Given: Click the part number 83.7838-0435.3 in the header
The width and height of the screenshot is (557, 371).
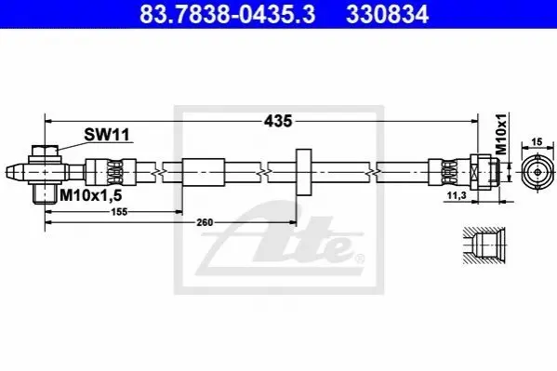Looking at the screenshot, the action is [227, 14].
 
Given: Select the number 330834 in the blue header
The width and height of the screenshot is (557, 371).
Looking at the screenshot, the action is [387, 14].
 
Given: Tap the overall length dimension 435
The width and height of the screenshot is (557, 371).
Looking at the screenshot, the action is [278, 121].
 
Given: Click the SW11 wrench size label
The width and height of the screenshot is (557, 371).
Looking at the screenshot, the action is [107, 135].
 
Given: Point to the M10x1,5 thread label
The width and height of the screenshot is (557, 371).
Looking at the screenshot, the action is [91, 195].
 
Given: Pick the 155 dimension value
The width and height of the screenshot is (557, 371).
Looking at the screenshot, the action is [119, 212].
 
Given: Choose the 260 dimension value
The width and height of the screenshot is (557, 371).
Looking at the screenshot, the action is [205, 222].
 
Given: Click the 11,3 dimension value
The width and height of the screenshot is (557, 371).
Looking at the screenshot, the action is [457, 195].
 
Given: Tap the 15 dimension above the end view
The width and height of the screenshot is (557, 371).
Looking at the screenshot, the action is [537, 141].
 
